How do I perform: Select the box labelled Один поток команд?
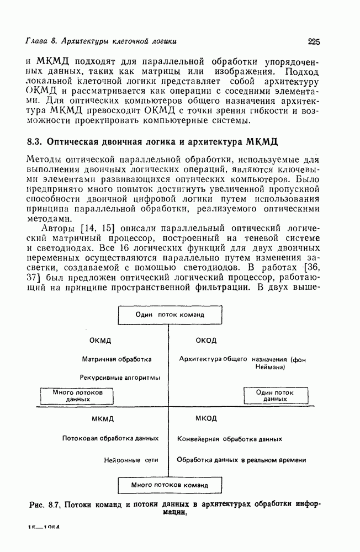point(170,315)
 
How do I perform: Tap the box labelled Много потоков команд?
point(170,486)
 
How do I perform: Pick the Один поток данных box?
point(274,395)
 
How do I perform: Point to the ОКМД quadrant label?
point(100,340)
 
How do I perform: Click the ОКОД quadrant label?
point(206,340)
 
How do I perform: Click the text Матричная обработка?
point(117,359)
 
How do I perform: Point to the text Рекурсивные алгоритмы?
point(120,378)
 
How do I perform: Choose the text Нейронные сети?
point(131,459)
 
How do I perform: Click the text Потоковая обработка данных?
point(110,438)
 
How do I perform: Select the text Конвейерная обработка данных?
point(230,439)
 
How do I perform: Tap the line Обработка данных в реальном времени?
point(241,459)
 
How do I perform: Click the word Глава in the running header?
point(38,41)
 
